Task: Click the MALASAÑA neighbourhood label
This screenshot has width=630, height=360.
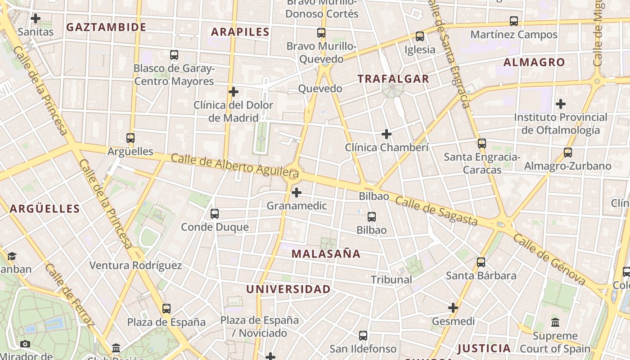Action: [x=326, y=254]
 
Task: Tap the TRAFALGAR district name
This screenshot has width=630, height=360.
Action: [x=393, y=79]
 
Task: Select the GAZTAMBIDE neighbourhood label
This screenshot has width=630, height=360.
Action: [x=106, y=27]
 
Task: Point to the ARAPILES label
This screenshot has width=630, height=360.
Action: [x=240, y=31]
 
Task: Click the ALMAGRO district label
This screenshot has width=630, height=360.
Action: [x=534, y=62]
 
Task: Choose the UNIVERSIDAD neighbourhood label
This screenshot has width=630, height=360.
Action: [x=288, y=289]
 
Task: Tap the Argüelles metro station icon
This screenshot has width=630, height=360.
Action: [x=130, y=138]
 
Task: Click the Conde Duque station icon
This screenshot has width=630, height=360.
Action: [x=215, y=214]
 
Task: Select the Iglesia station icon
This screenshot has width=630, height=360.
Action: [x=420, y=36]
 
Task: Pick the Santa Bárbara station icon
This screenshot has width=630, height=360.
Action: [x=481, y=262]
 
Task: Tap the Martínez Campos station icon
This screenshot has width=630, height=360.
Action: [x=514, y=21]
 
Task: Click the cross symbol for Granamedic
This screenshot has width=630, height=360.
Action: [x=297, y=193]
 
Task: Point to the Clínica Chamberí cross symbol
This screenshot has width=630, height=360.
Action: [x=387, y=134]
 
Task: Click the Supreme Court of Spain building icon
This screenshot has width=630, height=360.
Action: [x=555, y=323]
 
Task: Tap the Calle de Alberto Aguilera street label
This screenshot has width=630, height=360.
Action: [x=235, y=165]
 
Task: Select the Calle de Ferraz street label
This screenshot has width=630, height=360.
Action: [x=70, y=294]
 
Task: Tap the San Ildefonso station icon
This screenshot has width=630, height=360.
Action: [x=363, y=336]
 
